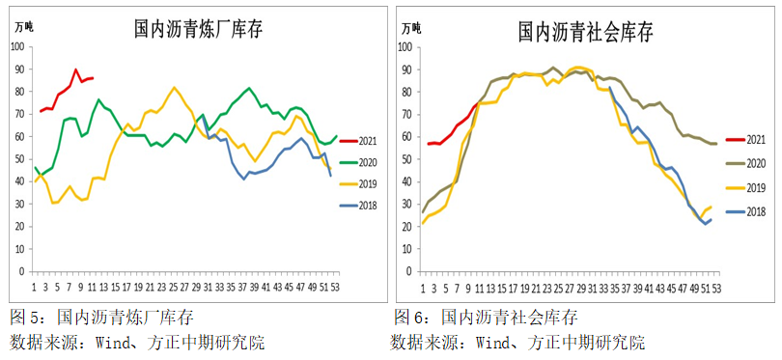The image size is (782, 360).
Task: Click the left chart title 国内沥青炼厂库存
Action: tap(198, 30)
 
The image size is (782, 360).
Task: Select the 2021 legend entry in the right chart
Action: tap(753, 140)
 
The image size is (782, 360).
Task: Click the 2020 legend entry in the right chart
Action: tap(753, 162)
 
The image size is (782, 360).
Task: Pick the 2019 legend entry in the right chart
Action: tap(753, 183)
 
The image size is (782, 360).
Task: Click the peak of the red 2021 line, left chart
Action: tap(76, 69)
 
